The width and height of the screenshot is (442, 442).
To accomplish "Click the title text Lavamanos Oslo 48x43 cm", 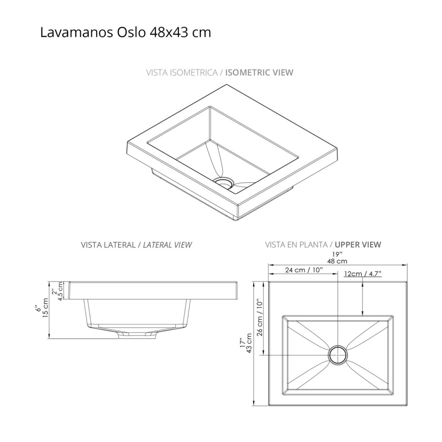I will tap(126, 33).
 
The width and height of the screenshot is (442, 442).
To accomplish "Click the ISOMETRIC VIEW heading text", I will tap(259, 72).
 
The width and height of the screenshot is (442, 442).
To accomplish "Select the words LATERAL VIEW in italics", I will tap(168, 244).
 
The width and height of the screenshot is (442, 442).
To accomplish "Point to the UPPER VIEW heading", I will tap(358, 244).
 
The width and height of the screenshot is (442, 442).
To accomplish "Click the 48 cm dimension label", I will tap(338, 261).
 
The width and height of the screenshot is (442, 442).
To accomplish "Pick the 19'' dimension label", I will tap(338, 254).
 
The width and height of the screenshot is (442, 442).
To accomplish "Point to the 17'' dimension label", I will tap(241, 343).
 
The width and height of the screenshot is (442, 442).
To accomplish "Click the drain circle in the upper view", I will tap(338, 355).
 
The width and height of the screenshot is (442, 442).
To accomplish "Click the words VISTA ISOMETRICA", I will tap(181, 72).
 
